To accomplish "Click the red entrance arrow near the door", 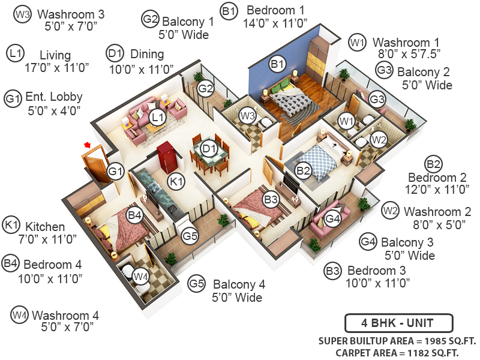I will click(x=88, y=145).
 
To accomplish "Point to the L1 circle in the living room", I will click(x=157, y=116).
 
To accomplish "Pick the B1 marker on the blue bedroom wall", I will click(x=277, y=63).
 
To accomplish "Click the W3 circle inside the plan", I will click(x=247, y=116).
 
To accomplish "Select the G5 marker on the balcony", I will click(x=190, y=236).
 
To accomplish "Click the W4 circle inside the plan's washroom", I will click(x=140, y=277).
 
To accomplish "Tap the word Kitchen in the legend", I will click(x=45, y=226).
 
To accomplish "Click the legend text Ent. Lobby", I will click(x=54, y=97).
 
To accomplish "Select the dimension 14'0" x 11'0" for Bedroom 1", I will click(x=275, y=24).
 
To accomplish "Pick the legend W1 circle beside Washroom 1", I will click(x=357, y=43).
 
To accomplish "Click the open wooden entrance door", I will click(x=95, y=162).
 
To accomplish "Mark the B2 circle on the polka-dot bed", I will click(x=304, y=171).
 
